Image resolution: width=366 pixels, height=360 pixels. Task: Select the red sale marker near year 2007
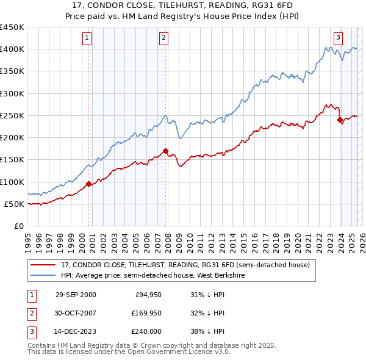pos(165,150)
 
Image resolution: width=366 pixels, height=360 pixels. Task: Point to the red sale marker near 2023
pos(340,120)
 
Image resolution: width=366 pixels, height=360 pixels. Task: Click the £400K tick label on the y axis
pos(12,49)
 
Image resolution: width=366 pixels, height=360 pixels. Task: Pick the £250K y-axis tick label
pos(12,115)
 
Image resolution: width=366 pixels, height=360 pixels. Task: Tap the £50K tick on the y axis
pos(15,204)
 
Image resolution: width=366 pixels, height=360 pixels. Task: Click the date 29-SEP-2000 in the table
pos(75,295)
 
